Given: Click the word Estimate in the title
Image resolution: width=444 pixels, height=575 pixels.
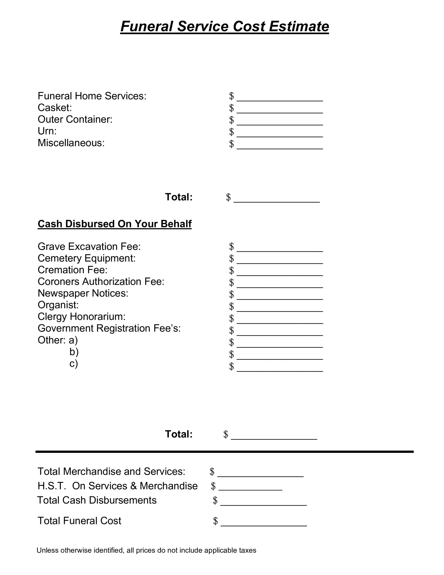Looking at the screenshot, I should pyautogui.click(x=299, y=27).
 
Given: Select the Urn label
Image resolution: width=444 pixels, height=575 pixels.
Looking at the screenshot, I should pyautogui.click(x=47, y=131).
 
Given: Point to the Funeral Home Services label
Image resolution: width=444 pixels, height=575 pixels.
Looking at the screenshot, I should pyautogui.click(x=92, y=96).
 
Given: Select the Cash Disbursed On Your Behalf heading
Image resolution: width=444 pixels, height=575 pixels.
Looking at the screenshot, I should pyautogui.click(x=114, y=224).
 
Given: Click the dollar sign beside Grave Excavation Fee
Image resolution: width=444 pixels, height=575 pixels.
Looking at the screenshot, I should pyautogui.click(x=231, y=247).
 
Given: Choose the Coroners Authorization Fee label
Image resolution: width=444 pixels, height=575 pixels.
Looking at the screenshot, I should pyautogui.click(x=101, y=282).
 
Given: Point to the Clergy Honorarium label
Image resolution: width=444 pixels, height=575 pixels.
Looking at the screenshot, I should pyautogui.click(x=82, y=317).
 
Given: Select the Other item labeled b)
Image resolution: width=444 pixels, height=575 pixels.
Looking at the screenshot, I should pyautogui.click(x=74, y=352).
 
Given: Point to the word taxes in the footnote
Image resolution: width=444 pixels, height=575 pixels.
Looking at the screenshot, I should pyautogui.click(x=247, y=550).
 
